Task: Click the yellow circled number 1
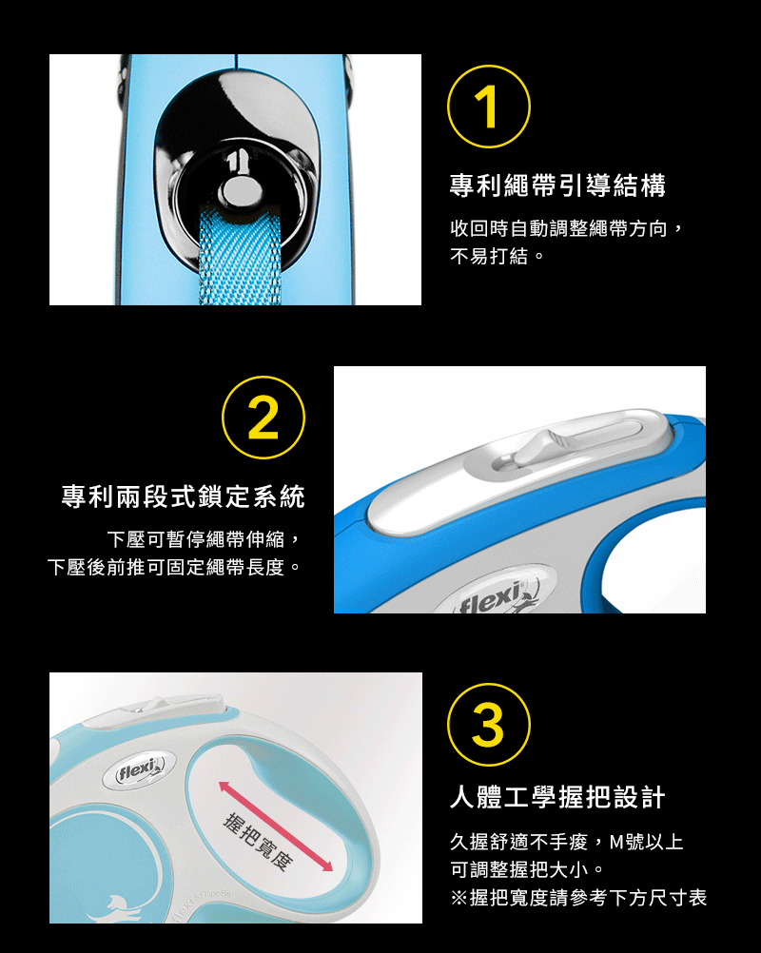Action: click(x=489, y=107)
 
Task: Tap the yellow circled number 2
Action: click(x=263, y=418)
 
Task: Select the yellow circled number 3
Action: click(x=489, y=725)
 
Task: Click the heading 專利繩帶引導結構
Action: click(x=558, y=185)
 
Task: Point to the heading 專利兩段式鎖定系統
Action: click(x=183, y=496)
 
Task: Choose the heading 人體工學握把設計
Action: click(x=558, y=797)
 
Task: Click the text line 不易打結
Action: click(x=498, y=256)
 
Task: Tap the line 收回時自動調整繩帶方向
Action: click(x=567, y=228)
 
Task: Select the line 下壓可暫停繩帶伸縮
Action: click(x=204, y=539)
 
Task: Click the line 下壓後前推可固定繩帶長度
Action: click(x=174, y=567)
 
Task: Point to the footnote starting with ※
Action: click(x=578, y=898)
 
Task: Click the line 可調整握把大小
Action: click(x=527, y=869)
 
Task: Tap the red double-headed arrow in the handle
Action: click(x=276, y=827)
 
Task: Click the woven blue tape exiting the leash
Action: click(x=240, y=255)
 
